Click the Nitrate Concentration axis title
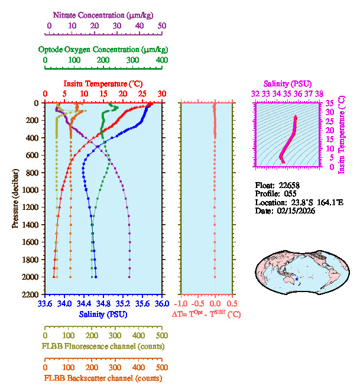105,14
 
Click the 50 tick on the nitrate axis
162,26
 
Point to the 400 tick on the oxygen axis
161,60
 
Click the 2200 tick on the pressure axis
31,294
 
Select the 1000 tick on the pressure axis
31,190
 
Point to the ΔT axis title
206,315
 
